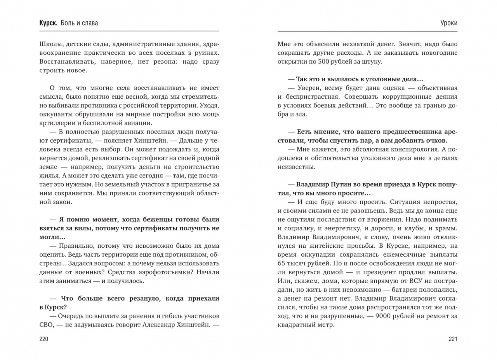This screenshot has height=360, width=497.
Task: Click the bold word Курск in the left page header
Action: tap(48, 23)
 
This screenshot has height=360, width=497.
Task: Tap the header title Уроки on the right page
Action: tap(449, 23)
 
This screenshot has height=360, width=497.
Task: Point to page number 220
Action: tap(44, 339)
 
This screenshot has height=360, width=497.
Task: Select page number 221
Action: tap(453, 339)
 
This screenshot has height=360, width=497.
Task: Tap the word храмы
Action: tap(447, 228)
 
